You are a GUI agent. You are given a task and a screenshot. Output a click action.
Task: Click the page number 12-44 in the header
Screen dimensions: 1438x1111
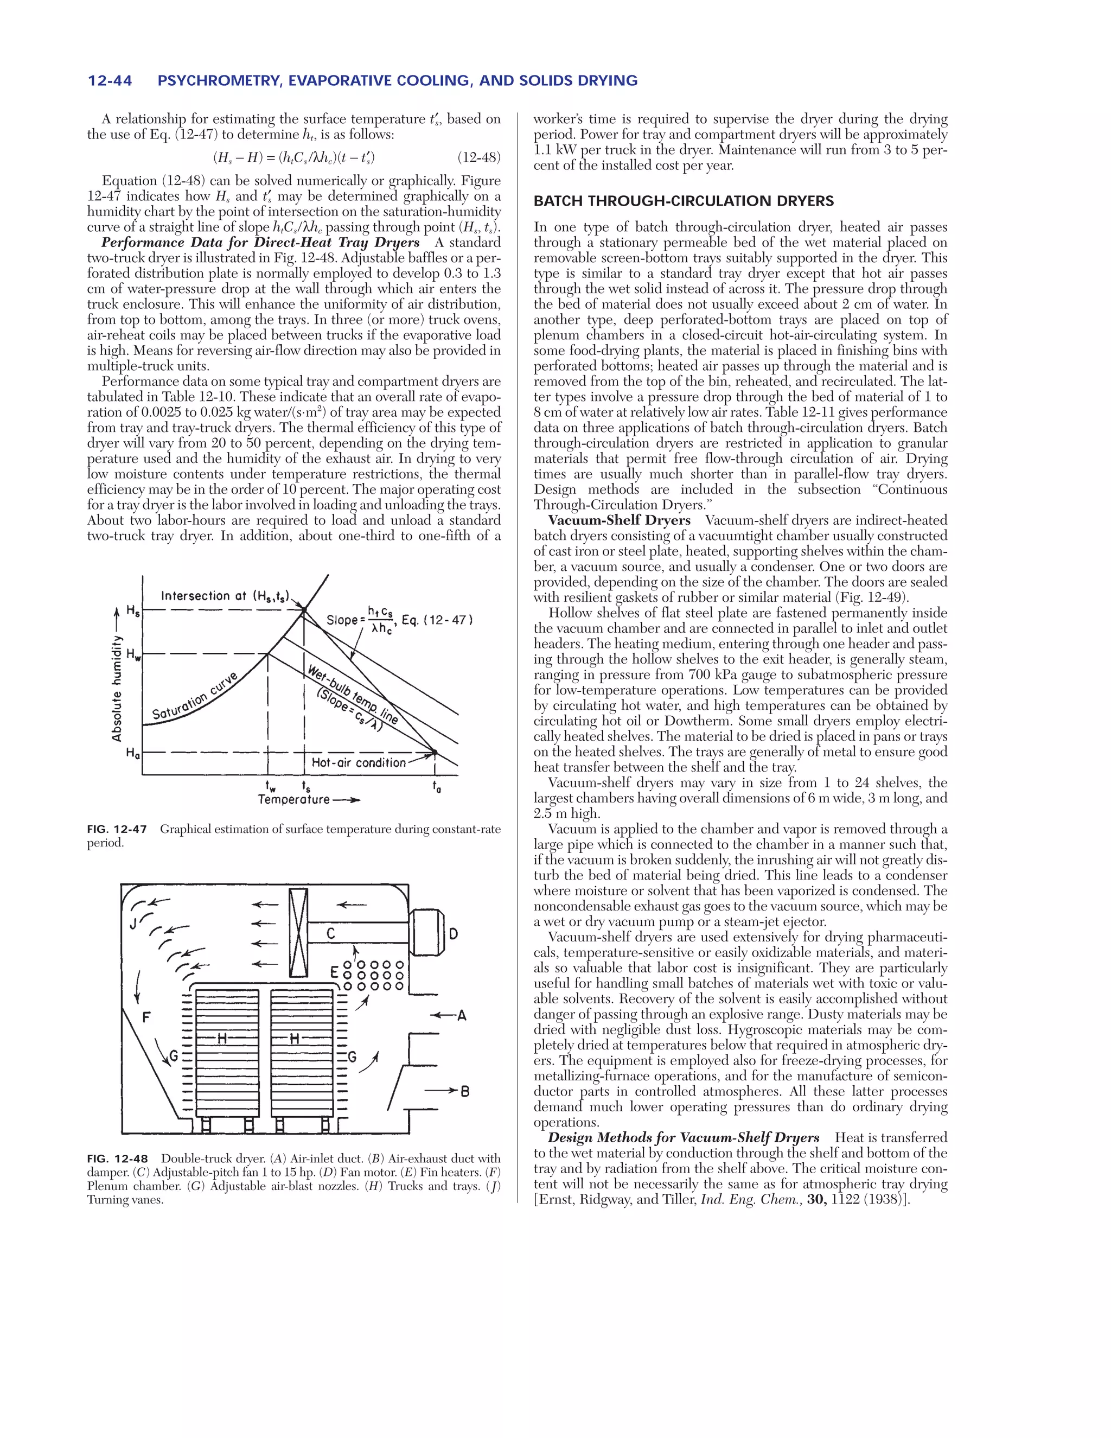[x=110, y=81]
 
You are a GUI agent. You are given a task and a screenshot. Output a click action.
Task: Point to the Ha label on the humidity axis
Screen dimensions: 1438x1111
[x=133, y=753]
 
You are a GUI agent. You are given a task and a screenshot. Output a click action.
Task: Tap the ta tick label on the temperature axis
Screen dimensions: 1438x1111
[x=436, y=786]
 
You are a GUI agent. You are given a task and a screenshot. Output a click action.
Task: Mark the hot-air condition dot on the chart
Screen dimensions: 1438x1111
[x=435, y=752]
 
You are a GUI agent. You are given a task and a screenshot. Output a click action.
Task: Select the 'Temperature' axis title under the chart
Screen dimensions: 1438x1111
[x=293, y=799]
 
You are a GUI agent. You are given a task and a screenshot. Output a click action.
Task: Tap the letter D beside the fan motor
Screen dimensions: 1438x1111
[x=454, y=934]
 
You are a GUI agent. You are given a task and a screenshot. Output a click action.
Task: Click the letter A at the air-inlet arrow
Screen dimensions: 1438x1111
[x=462, y=1016]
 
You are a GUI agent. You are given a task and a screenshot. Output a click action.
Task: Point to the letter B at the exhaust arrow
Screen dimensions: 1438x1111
[x=465, y=1092]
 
